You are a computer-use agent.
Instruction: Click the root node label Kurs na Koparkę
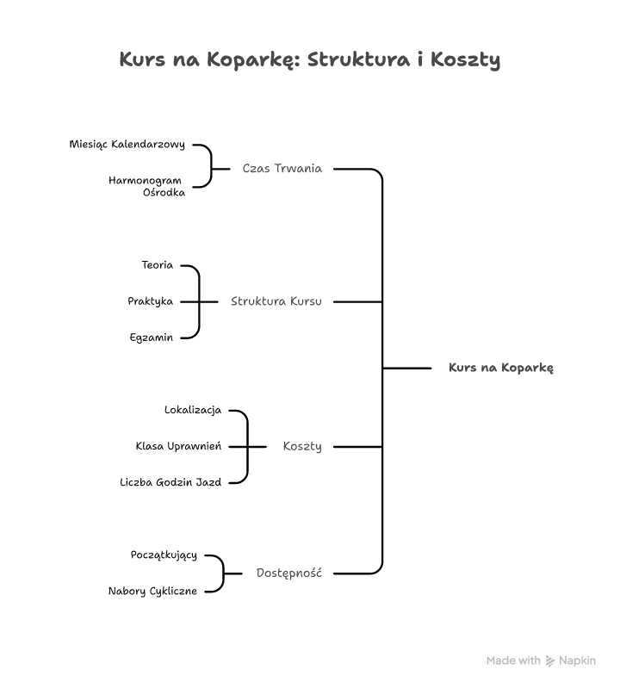point(500,368)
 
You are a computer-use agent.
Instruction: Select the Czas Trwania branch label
point(282,169)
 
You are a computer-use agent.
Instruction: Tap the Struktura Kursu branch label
point(276,301)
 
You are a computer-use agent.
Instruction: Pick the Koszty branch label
point(301,446)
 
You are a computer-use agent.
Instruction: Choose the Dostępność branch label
point(288,573)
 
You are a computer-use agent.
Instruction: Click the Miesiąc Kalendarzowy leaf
point(127,145)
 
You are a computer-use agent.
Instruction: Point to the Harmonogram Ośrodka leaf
point(146,186)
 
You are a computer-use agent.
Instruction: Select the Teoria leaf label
point(157,265)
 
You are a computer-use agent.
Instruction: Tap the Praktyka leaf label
point(150,301)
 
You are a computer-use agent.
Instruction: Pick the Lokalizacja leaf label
point(192,410)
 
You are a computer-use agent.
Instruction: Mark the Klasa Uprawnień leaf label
point(178,446)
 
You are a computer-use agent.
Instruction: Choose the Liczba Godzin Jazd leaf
point(170,482)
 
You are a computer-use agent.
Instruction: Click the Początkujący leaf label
point(164,555)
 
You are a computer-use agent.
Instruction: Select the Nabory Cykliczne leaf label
point(152,591)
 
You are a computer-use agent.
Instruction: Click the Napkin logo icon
point(550,661)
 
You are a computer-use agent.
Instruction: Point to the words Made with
point(513,661)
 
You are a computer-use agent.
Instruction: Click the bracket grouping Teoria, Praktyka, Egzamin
point(199,301)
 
